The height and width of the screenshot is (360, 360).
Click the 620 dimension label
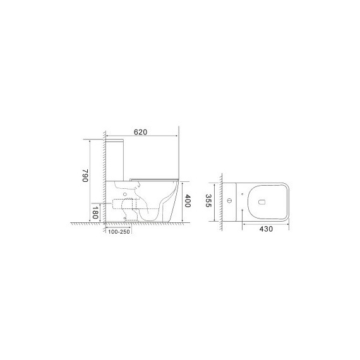[x=140, y=132]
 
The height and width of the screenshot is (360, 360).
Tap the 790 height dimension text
[x=85, y=176]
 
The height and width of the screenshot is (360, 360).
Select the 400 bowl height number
[x=188, y=201]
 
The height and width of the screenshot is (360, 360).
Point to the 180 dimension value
[x=95, y=212]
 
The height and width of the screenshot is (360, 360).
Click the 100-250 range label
[x=119, y=232]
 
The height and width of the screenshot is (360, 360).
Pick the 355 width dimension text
[x=208, y=201]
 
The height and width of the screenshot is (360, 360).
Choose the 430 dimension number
[x=266, y=229]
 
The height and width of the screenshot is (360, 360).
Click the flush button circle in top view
[x=229, y=201]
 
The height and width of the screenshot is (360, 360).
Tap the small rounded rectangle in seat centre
[x=261, y=202]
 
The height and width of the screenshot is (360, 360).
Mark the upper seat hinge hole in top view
[x=243, y=195]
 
